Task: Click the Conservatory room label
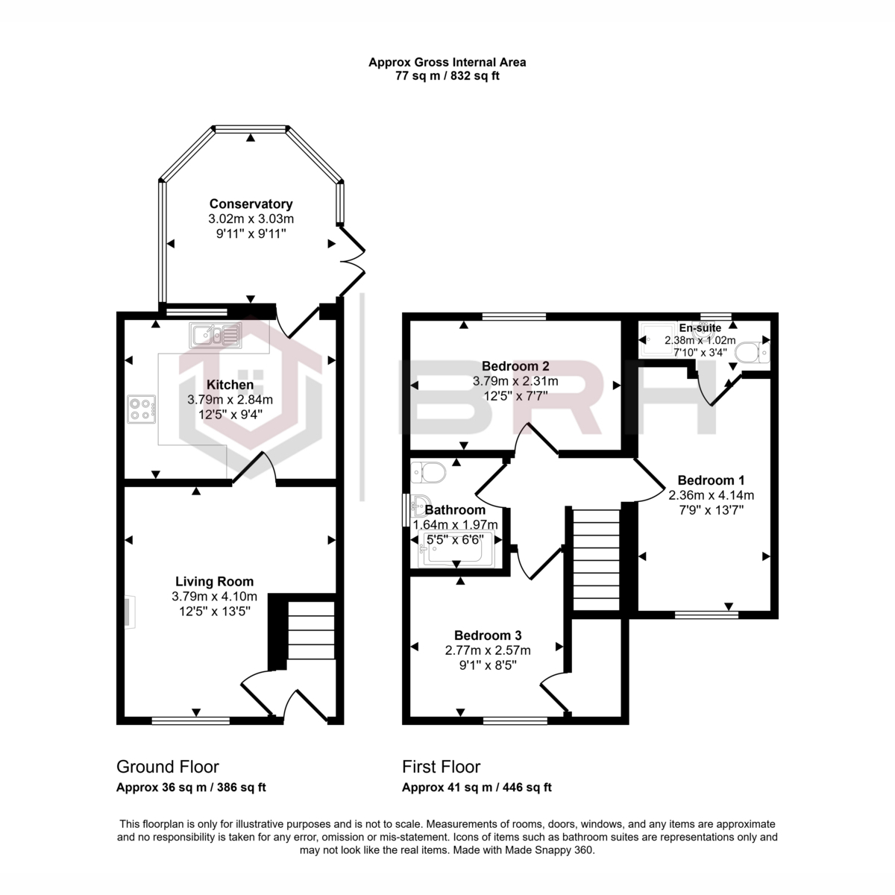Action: click(x=251, y=204)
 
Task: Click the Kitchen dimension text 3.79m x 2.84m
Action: click(x=230, y=400)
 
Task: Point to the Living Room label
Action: click(x=214, y=581)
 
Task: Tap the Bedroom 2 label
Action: click(x=515, y=365)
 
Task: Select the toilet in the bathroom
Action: click(x=427, y=472)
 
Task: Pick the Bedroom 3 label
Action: click(x=488, y=635)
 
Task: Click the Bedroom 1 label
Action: click(x=711, y=480)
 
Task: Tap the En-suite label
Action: click(x=700, y=327)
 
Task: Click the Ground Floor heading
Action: click(x=168, y=767)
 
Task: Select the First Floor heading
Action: click(x=442, y=767)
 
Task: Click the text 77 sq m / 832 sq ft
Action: click(x=447, y=75)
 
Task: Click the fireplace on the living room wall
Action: click(x=128, y=612)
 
